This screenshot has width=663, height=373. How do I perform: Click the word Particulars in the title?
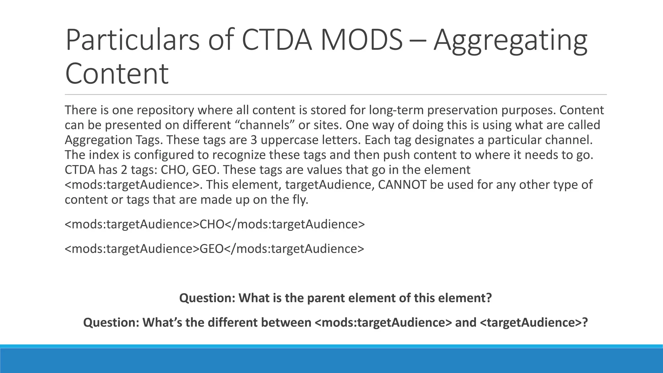pos(132,40)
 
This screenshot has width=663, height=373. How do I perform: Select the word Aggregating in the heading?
pos(510,40)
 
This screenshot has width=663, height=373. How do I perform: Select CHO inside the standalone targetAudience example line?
pos(212,224)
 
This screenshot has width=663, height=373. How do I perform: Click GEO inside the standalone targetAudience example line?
pos(212,249)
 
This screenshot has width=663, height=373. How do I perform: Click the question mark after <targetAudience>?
pos(585,322)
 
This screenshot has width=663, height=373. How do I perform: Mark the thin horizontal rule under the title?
pos(336,95)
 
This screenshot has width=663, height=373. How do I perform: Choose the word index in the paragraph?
pos(104,155)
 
